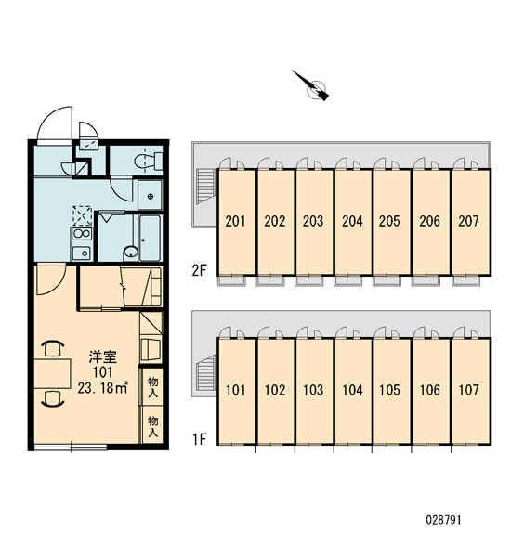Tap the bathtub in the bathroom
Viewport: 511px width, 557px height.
pos(150,238)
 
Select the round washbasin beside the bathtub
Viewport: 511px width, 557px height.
pos(131,253)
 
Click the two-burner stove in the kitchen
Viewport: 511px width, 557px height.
pos(82,234)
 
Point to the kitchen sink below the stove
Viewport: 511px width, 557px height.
pos(82,253)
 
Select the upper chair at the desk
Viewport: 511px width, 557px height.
pos(53,348)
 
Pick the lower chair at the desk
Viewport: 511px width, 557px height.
pos(53,398)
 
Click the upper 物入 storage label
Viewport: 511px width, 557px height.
pos(153,387)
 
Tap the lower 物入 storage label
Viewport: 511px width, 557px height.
pos(153,426)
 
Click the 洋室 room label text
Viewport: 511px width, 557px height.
pos(103,356)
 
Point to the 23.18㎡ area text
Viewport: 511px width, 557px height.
pos(103,388)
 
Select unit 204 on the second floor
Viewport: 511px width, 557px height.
pos(352,221)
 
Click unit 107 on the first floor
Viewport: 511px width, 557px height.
pos(469,391)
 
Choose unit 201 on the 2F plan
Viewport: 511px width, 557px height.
pos(236,221)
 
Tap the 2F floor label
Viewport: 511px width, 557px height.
pos(199,271)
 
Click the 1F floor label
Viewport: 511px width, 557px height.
pos(200,440)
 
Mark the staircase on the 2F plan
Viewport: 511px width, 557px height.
pos(206,186)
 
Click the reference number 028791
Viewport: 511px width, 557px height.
pos(443,520)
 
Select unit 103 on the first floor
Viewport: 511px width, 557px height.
pos(313,391)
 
